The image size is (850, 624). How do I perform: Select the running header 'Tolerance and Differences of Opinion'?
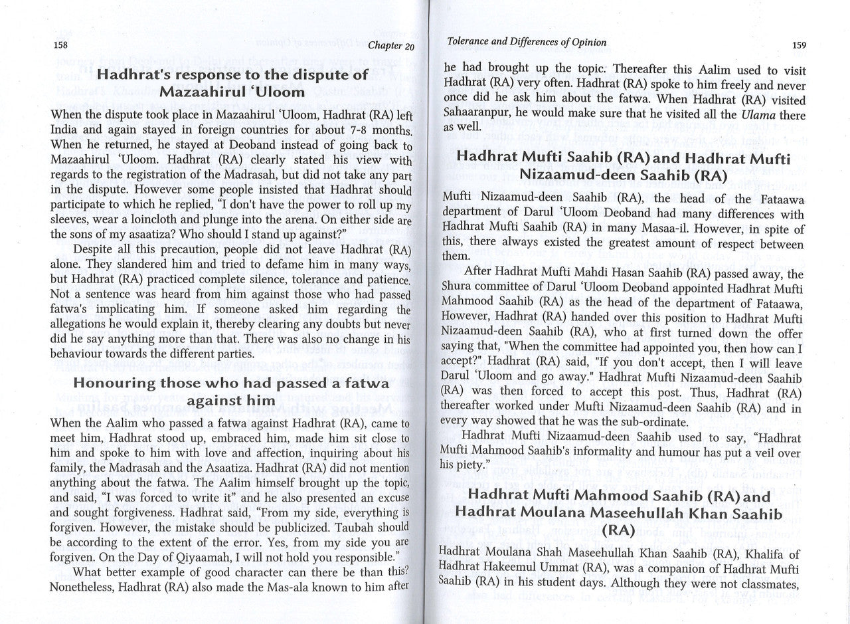(x=527, y=43)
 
